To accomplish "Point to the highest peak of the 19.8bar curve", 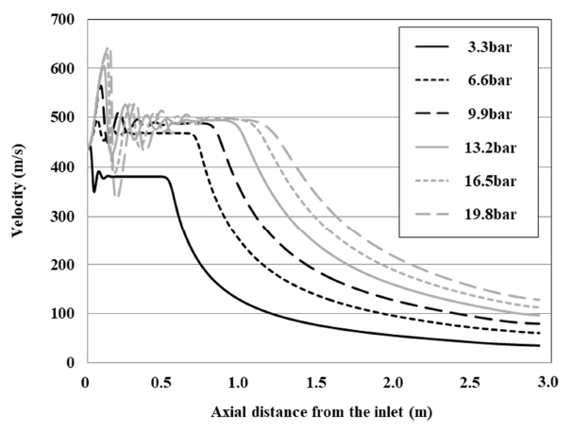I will [108, 48].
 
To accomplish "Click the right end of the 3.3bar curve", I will [539, 345].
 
